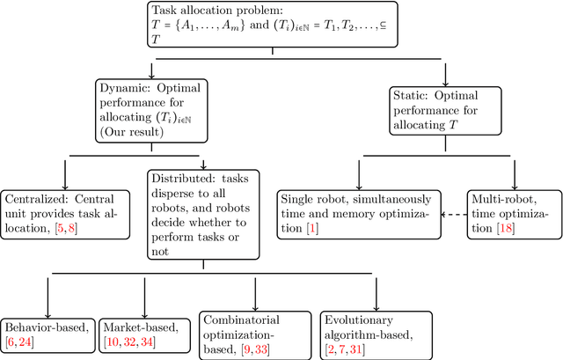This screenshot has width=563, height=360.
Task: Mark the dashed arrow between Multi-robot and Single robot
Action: point(452,213)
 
